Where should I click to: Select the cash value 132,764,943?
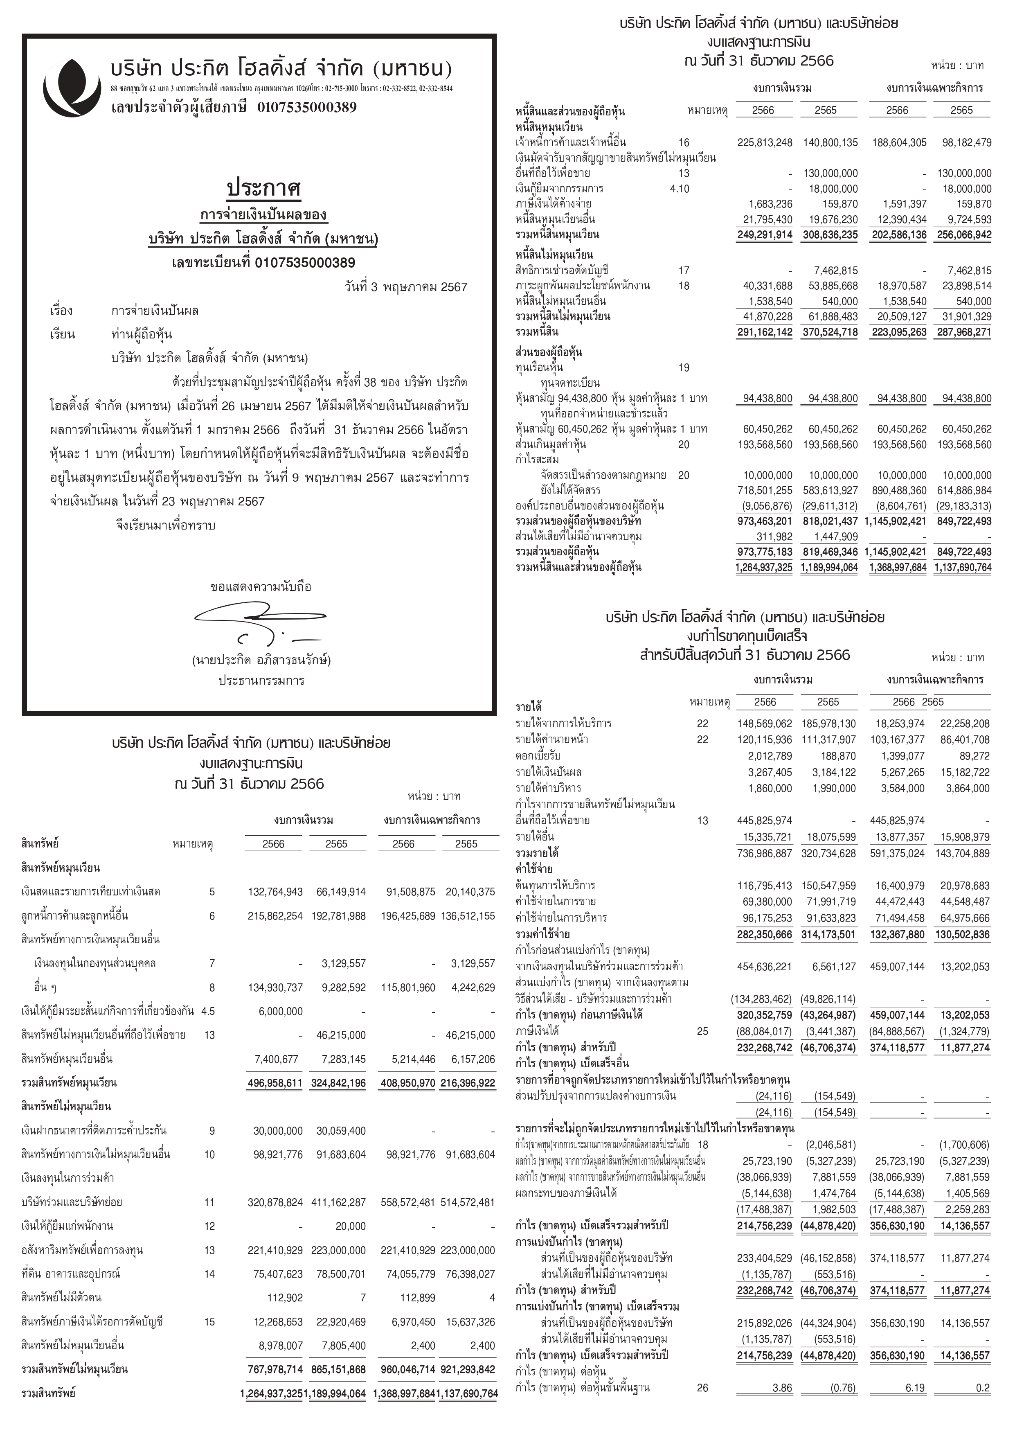click(272, 892)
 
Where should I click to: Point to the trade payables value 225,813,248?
click(764, 142)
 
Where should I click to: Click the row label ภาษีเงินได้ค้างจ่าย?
click(554, 204)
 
